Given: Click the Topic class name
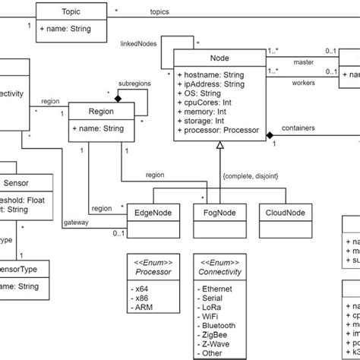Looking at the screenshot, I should coord(70,13).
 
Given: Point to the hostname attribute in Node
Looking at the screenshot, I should coord(210,75).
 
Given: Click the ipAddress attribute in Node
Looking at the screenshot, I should coord(210,84).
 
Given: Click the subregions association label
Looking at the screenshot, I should coord(134,84).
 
